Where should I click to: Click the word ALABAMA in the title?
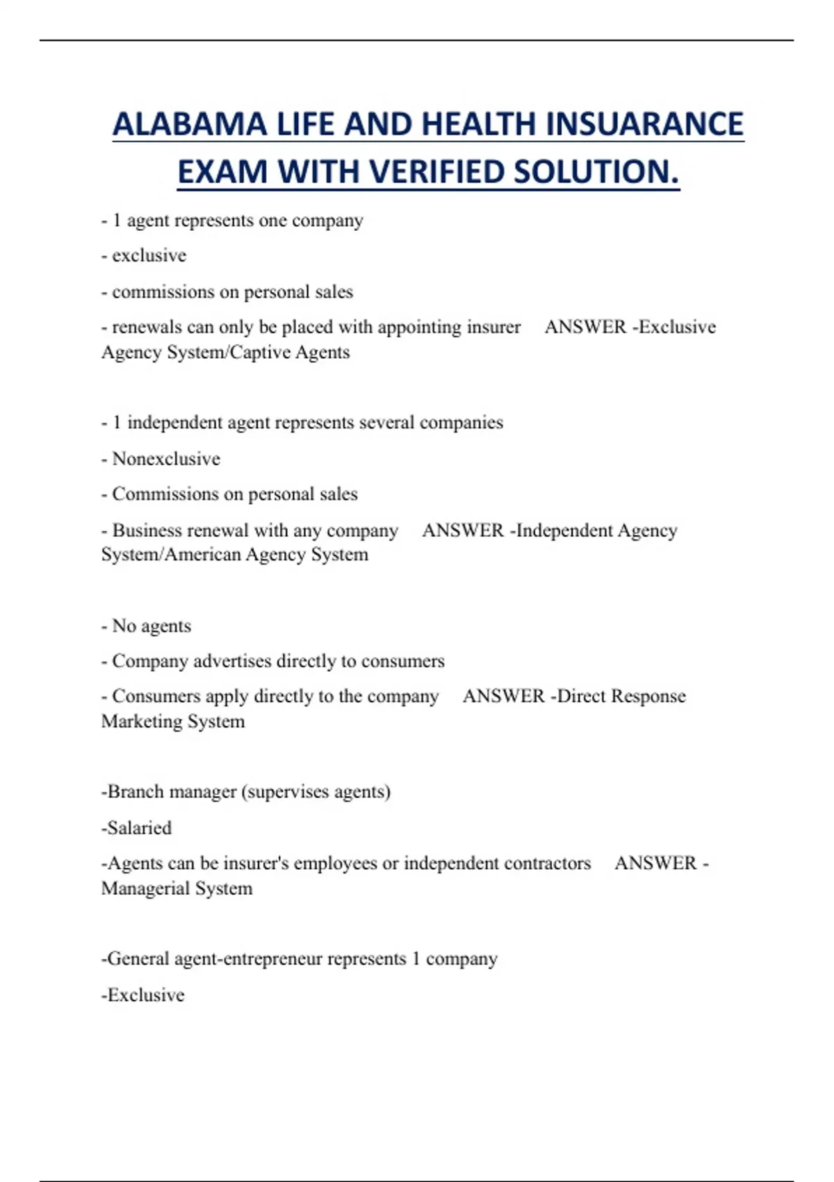[x=189, y=125]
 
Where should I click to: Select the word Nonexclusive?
[x=166, y=459]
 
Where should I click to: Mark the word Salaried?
[x=139, y=828]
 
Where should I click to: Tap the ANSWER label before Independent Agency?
[x=462, y=531]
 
